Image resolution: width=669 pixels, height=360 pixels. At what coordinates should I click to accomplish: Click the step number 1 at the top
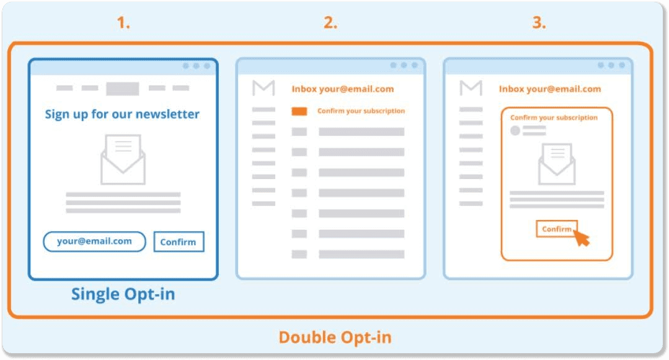(123, 22)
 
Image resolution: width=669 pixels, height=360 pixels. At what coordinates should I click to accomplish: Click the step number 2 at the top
(330, 22)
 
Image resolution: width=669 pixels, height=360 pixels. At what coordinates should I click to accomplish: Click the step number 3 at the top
(539, 22)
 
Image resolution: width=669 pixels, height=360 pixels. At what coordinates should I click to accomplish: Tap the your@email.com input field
(94, 242)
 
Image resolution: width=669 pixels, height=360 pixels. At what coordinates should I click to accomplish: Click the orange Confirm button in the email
(556, 229)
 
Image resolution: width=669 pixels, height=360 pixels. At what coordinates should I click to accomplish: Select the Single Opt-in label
(123, 294)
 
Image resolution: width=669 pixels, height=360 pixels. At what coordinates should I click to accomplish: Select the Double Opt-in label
(335, 338)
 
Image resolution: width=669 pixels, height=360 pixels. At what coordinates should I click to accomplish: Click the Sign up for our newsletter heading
(122, 114)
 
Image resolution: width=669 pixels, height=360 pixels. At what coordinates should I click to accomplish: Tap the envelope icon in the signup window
(123, 159)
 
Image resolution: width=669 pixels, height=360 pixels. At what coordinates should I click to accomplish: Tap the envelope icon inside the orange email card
(557, 164)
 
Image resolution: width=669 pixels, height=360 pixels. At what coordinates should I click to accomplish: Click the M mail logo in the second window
(264, 88)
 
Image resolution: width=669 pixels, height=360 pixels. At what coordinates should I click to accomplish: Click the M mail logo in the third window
(471, 88)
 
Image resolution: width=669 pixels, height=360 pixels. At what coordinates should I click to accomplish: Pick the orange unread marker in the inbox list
(299, 112)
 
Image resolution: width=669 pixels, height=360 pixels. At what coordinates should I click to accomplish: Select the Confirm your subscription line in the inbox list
(361, 111)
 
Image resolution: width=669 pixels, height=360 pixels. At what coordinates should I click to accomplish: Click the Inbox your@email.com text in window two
(343, 89)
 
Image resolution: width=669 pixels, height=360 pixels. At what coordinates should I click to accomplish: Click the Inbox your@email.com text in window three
(550, 89)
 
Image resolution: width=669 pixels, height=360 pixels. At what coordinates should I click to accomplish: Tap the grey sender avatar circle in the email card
(515, 131)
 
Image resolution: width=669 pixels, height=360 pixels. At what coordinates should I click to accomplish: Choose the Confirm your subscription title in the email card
(554, 118)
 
